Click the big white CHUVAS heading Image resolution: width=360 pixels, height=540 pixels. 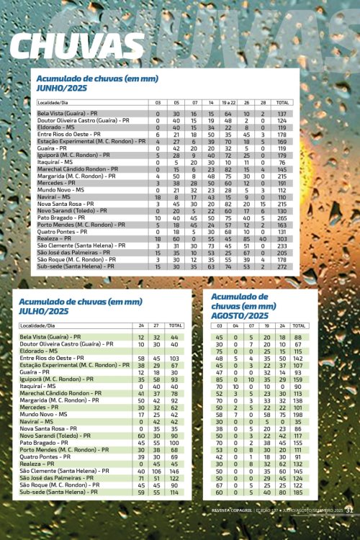[78, 45]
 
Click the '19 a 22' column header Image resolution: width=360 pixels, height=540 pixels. [228, 103]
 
